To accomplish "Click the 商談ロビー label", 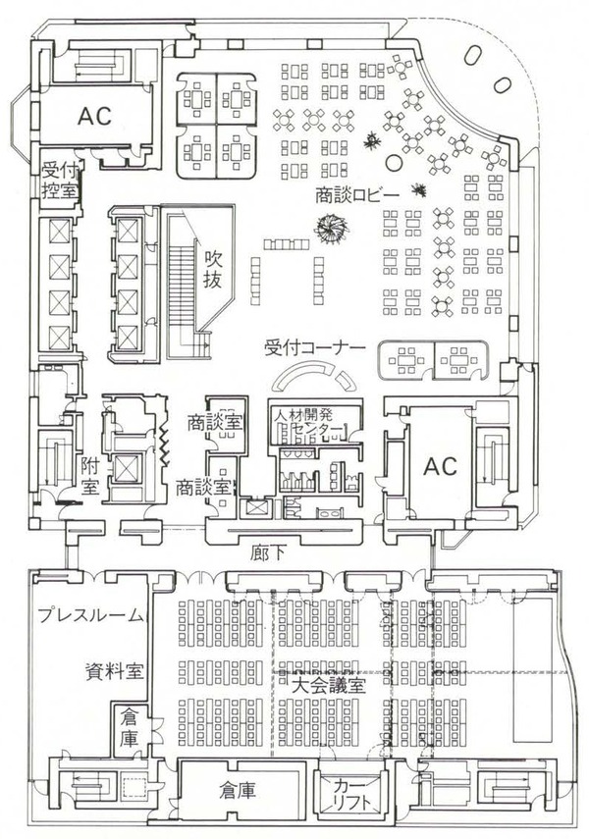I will point(356,195).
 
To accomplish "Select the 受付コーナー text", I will point(315,347).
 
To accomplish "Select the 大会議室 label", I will point(328,684).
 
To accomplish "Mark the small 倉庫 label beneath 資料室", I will point(131,728).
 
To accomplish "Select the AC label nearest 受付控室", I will point(94,114).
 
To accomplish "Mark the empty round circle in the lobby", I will point(394,160).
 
